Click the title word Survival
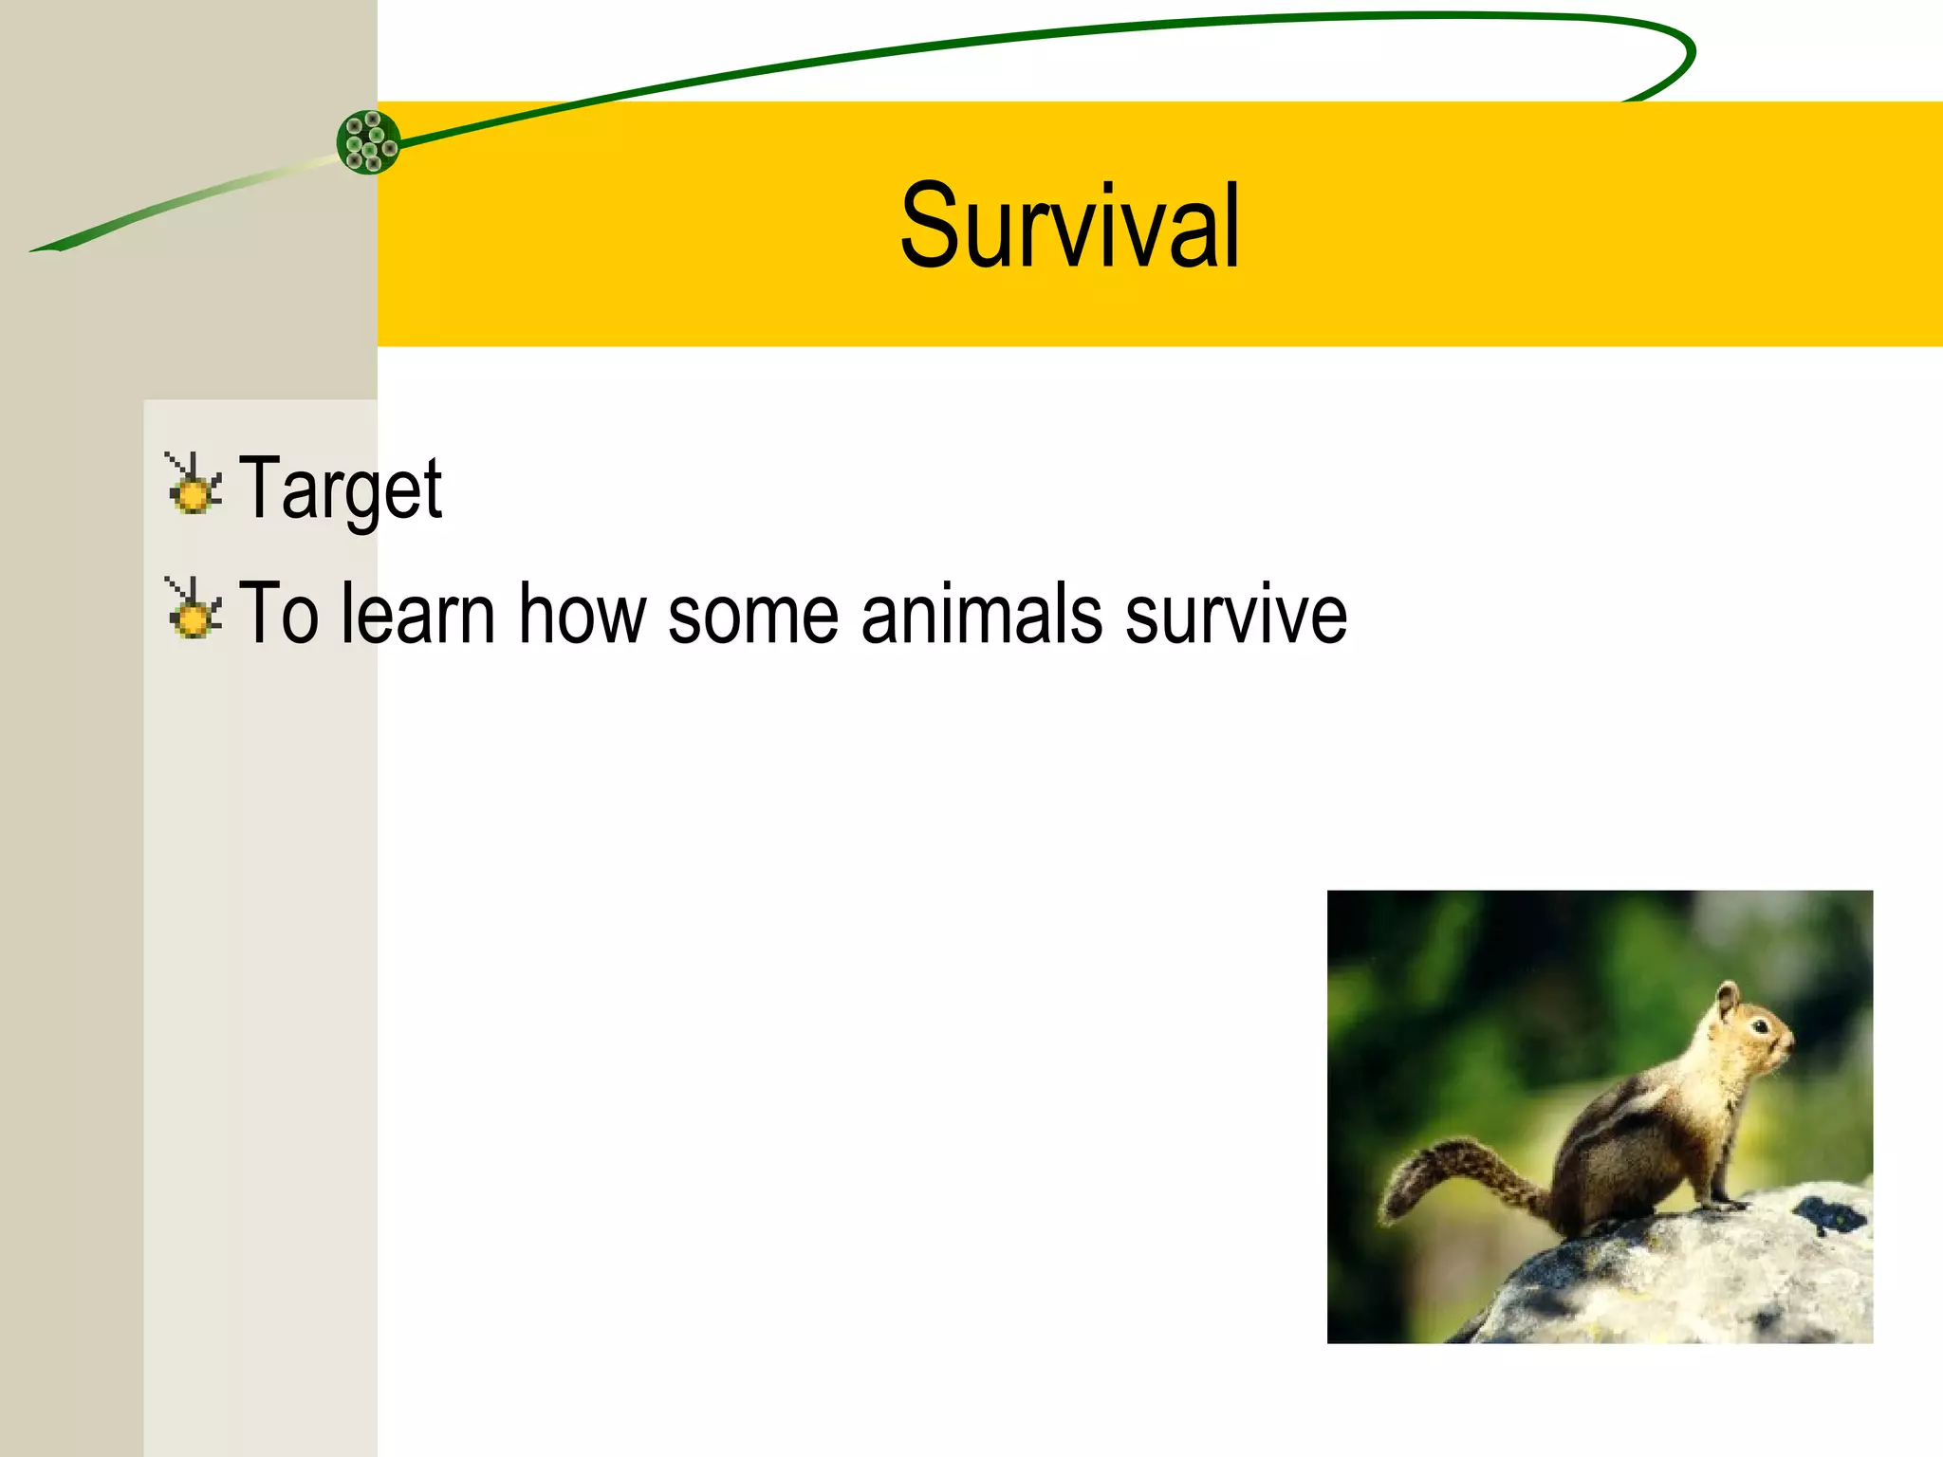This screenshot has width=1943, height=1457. click(x=1069, y=228)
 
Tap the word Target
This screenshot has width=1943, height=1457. click(x=340, y=489)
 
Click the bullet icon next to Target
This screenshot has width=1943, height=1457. click(x=194, y=486)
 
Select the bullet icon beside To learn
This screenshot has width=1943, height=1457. click(x=194, y=610)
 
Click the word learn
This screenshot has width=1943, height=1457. click(x=417, y=614)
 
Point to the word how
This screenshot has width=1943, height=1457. click(x=582, y=614)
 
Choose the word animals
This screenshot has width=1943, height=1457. click(x=981, y=614)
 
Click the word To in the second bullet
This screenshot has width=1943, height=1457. click(x=278, y=614)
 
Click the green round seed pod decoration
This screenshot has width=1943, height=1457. click(x=368, y=142)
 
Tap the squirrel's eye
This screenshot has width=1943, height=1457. click(x=1759, y=1027)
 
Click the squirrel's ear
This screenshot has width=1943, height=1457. click(x=1729, y=1000)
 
